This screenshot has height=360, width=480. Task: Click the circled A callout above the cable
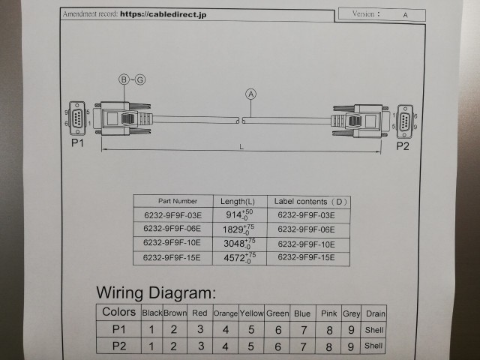(250, 94)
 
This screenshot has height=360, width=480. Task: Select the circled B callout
(124, 79)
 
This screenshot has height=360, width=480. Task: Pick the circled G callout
(140, 79)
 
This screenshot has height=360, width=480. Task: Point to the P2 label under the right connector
(403, 145)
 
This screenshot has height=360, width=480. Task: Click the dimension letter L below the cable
(241, 147)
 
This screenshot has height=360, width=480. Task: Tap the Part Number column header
(178, 201)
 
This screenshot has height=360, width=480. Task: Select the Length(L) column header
(238, 201)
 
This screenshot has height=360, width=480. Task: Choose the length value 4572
(234, 257)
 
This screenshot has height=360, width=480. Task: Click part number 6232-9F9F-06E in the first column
(172, 229)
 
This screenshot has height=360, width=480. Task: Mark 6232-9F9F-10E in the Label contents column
(306, 244)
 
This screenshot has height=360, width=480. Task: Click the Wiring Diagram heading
(156, 292)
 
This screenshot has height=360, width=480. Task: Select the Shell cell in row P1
(373, 329)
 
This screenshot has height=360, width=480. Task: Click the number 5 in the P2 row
(251, 346)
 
